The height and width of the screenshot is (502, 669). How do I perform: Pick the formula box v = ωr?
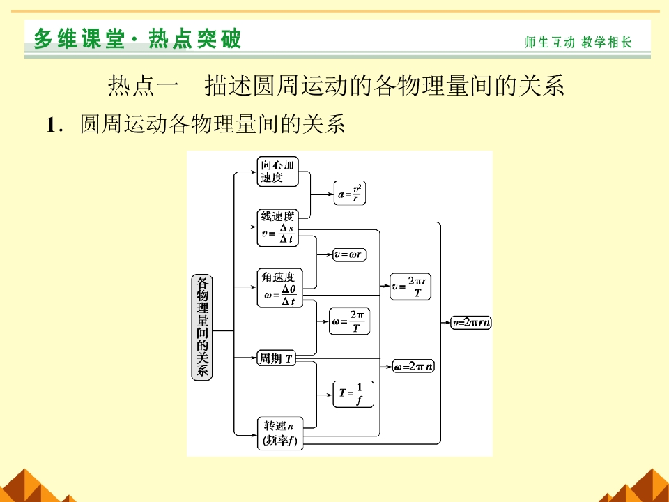point(349,255)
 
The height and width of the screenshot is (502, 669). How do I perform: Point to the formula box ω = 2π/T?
point(350,321)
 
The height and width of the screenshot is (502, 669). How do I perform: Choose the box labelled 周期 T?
point(277,358)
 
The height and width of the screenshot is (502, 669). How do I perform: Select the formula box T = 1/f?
point(353,394)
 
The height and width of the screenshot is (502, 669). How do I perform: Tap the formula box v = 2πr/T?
point(410,287)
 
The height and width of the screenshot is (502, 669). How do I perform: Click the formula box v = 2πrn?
point(471,323)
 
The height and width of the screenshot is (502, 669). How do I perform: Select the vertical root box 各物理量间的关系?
point(202,327)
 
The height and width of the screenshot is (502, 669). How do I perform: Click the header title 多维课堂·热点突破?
point(137,39)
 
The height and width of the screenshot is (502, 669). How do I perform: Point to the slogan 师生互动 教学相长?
point(578,42)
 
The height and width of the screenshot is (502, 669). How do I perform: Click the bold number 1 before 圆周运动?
point(51,125)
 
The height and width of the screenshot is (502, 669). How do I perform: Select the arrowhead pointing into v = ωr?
point(330,255)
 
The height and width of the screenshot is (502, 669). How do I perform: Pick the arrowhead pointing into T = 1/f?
point(328,395)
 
